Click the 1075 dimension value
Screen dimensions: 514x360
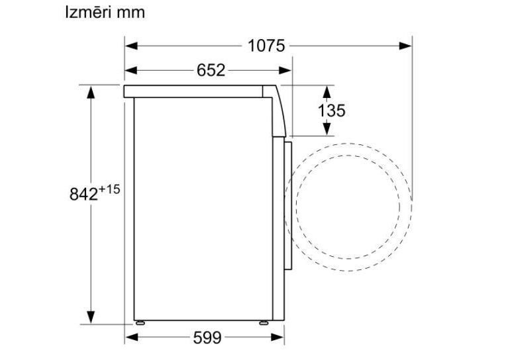click(x=266, y=46)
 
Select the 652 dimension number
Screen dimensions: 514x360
click(x=211, y=70)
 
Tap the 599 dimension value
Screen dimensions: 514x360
click(x=207, y=337)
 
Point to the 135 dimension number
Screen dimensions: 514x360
click(x=331, y=111)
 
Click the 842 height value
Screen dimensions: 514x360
click(x=83, y=195)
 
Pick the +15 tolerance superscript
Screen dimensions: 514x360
click(x=109, y=189)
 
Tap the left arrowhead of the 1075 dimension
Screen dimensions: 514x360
click(x=131, y=46)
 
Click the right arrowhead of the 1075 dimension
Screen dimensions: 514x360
click(x=405, y=46)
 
